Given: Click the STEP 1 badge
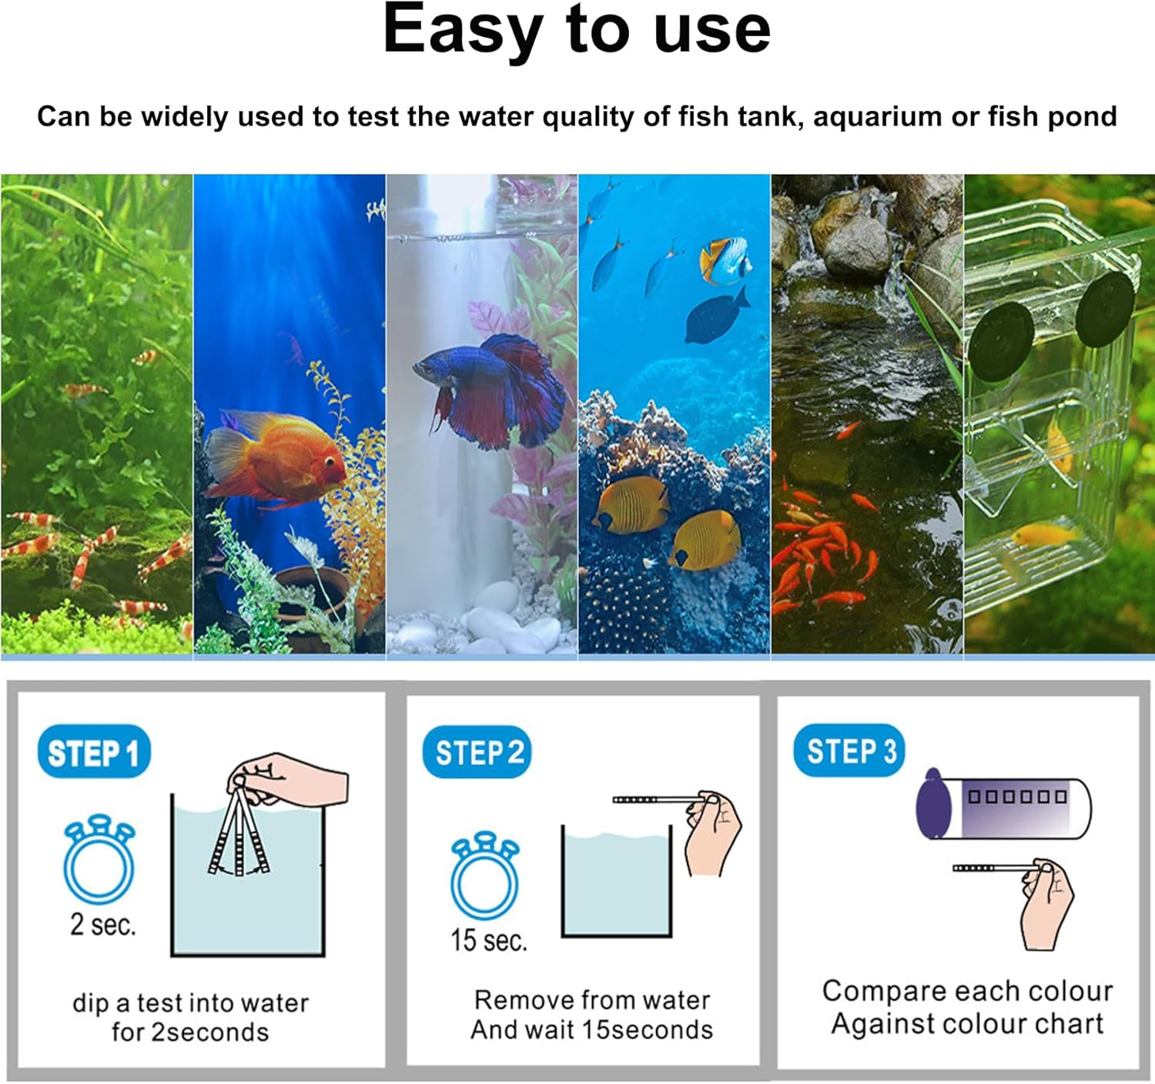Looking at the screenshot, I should (x=93, y=752).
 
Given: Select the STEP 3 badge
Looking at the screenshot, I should (x=850, y=750).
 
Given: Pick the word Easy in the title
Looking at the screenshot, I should (x=462, y=31).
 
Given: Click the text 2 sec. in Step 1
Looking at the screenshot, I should (x=102, y=924).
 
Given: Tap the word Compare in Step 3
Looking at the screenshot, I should (x=876, y=991).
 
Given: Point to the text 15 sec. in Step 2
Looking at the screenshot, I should (x=489, y=940).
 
